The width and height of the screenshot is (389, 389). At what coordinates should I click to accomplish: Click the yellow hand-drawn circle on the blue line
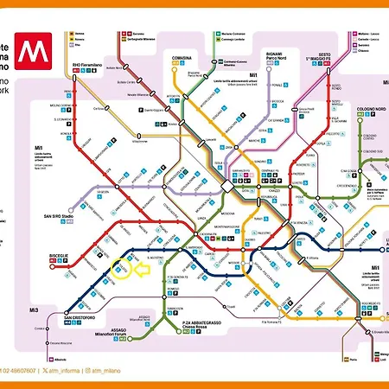(x=122, y=271)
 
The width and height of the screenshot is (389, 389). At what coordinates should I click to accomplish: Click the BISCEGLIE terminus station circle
(x=53, y=266)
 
